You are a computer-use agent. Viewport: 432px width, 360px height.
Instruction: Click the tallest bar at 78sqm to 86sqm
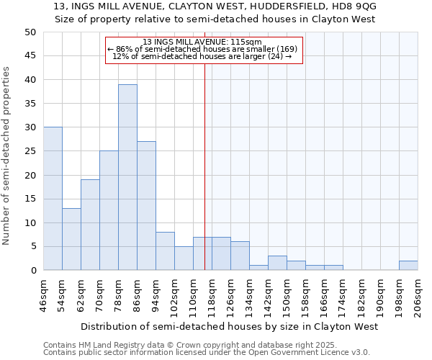coord(127,177)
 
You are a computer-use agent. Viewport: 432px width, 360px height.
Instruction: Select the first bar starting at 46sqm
coord(53,199)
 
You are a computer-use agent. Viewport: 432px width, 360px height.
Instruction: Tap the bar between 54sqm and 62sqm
coord(71,239)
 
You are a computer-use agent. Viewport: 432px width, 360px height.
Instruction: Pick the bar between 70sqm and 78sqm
coord(109,210)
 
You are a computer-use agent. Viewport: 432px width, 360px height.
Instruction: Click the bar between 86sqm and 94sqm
coord(146,206)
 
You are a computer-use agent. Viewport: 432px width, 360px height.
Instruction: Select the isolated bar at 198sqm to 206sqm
coord(408,266)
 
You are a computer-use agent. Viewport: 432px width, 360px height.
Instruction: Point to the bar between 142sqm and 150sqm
coord(277,263)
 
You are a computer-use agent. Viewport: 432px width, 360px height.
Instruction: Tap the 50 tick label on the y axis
coord(30,32)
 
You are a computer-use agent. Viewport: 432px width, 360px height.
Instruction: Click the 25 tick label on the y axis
coord(30,151)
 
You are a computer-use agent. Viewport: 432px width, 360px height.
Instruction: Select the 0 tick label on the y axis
coord(32,271)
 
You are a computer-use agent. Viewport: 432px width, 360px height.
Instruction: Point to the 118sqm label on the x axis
coord(212,295)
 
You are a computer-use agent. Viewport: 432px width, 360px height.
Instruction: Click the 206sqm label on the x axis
coord(418,295)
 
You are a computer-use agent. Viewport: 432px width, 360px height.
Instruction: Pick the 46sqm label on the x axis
coord(44,295)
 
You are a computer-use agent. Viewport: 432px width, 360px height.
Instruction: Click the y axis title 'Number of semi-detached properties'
coord(7,156)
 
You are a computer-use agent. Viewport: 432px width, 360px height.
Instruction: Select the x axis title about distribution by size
coord(229,326)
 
